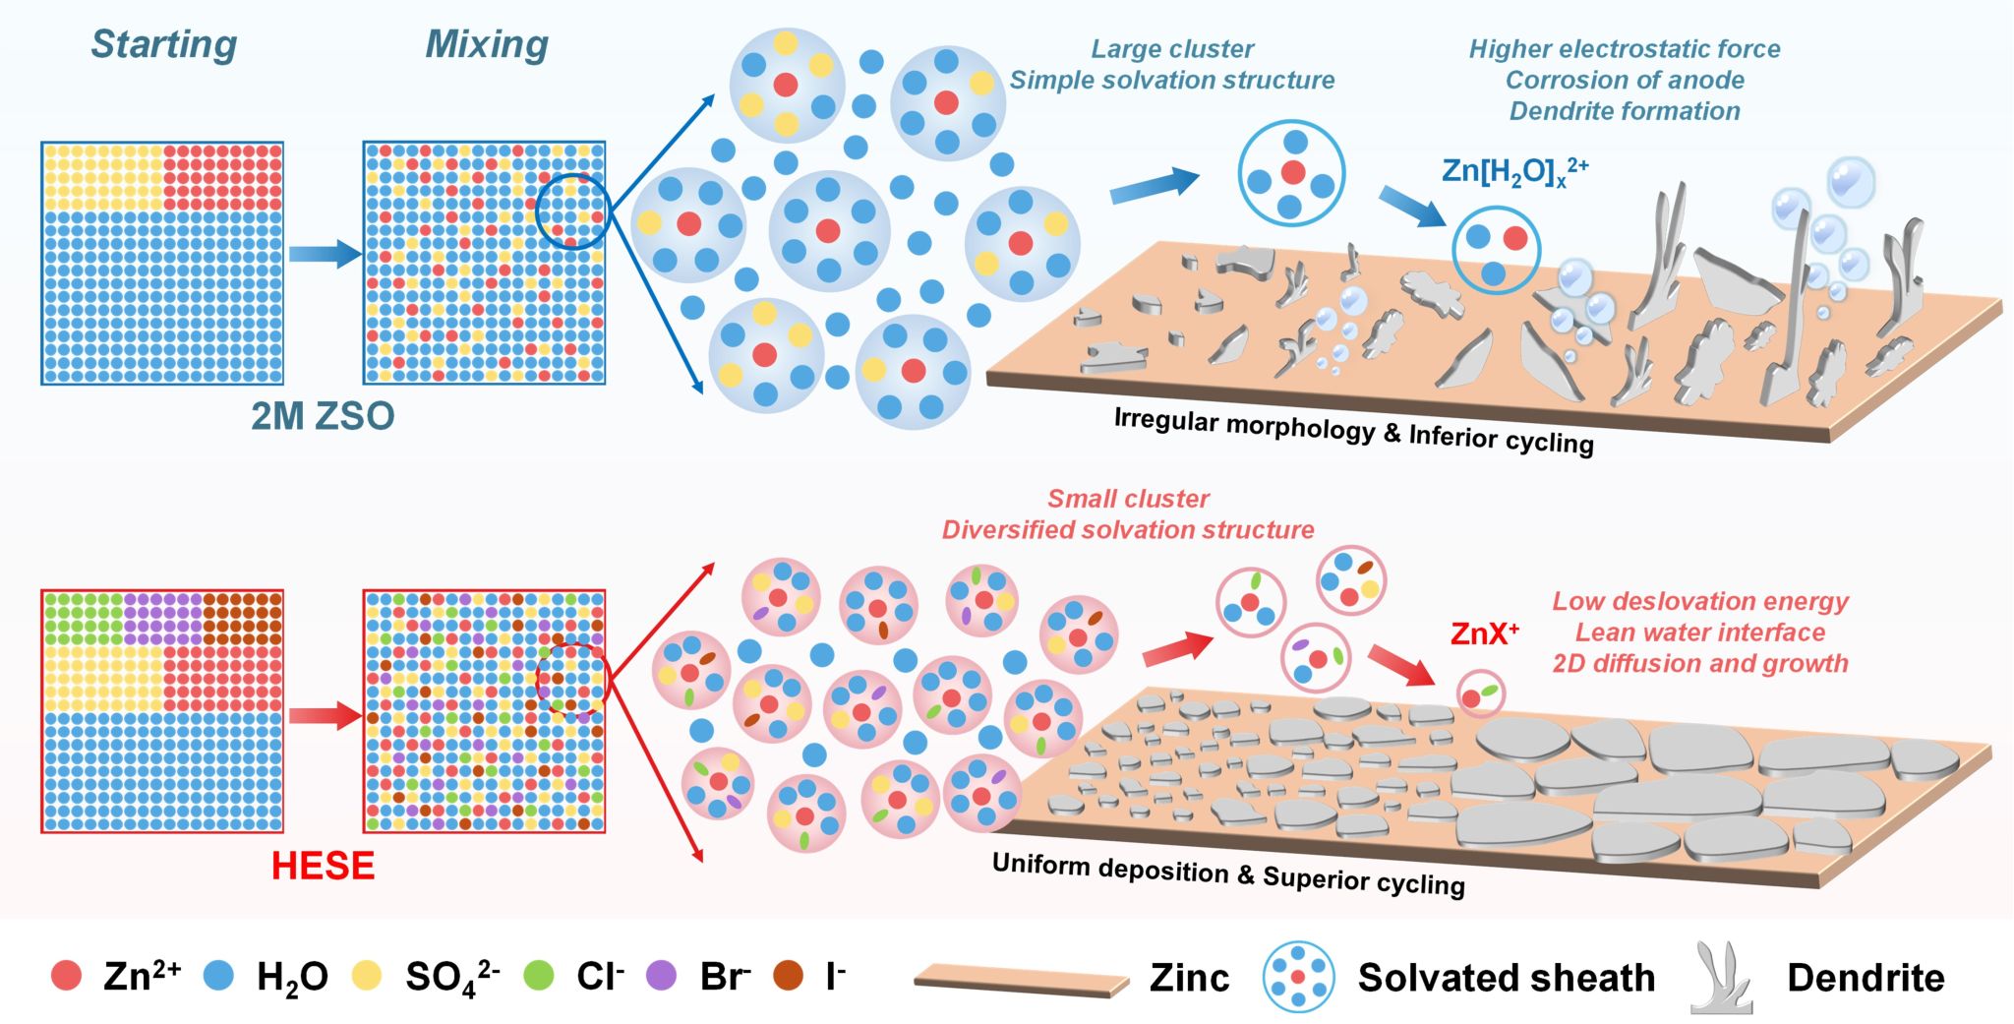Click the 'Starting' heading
point(164,44)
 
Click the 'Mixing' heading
point(487,44)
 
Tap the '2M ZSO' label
point(323,416)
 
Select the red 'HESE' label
point(323,866)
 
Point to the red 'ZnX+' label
point(1484,633)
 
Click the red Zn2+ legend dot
point(66,976)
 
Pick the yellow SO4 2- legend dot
point(367,976)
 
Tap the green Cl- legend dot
point(539,976)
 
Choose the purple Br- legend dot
point(662,976)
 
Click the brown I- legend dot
point(789,976)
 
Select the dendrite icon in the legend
point(1721,977)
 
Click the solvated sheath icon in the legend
point(1298,977)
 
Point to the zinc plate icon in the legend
point(1021,981)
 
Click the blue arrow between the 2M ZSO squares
point(325,254)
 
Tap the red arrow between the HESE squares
point(325,715)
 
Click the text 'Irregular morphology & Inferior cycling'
point(1353,431)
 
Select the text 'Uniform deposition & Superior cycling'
point(1228,873)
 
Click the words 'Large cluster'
point(1172,49)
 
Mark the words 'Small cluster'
point(1128,499)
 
